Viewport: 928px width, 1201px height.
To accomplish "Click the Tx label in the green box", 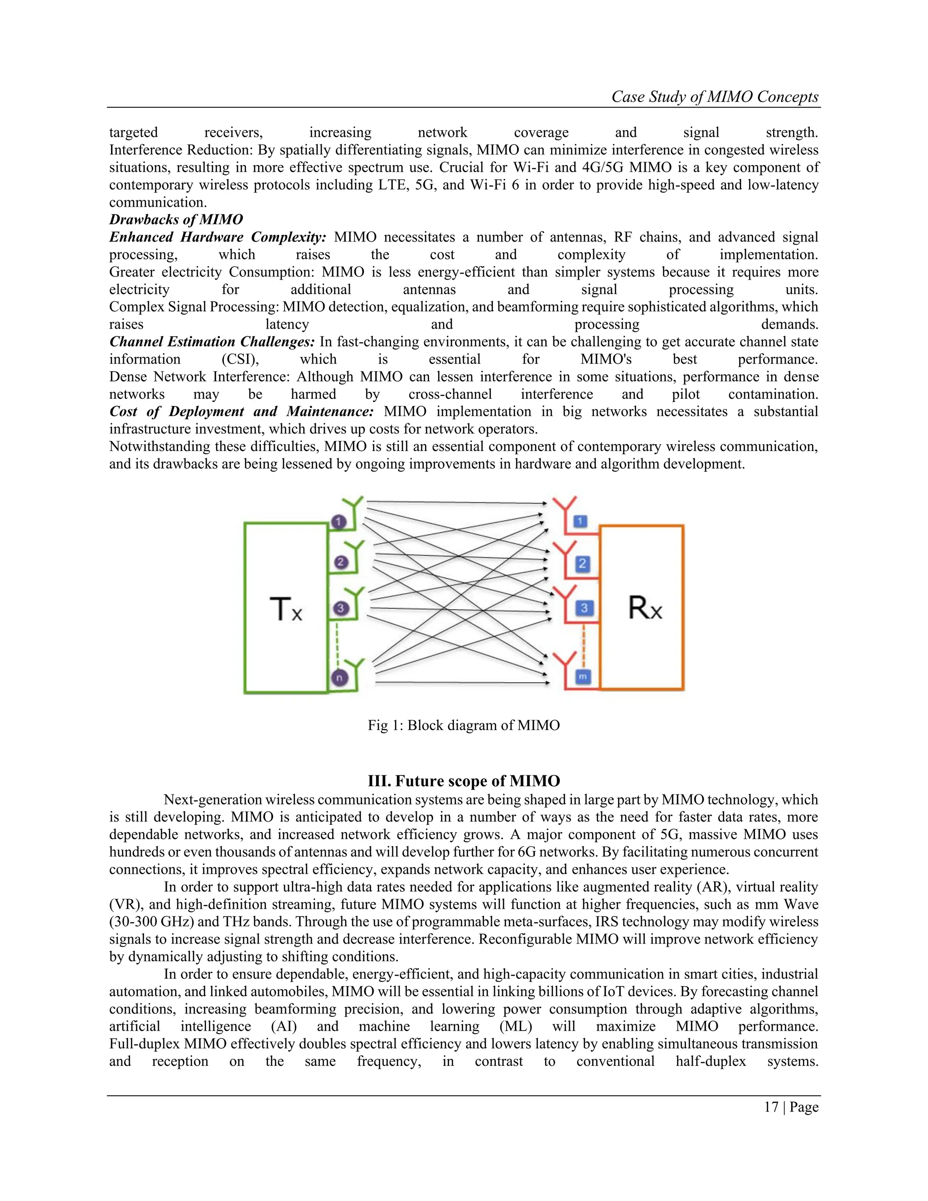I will click(286, 609).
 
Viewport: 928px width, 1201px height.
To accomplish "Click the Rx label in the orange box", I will click(645, 608).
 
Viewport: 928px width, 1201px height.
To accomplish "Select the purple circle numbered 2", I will click(341, 562).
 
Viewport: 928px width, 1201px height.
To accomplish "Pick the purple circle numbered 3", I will click(341, 608).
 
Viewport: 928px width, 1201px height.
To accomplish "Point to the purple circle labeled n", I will click(339, 678).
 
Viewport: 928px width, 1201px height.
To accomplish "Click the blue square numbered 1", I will click(580, 521).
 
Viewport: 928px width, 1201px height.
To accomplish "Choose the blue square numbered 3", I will click(584, 608).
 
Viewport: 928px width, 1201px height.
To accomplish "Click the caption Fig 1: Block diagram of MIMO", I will click(464, 725).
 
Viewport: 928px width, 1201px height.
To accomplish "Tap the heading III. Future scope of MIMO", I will click(464, 781).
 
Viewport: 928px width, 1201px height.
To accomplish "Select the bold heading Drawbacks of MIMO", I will click(176, 219).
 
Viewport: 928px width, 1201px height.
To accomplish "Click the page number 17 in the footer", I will click(771, 1107).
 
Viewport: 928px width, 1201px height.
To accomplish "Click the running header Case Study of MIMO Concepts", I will click(715, 97).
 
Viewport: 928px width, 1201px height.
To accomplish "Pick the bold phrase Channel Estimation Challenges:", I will click(212, 342).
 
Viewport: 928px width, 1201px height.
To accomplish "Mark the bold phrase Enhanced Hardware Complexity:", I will click(217, 237).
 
